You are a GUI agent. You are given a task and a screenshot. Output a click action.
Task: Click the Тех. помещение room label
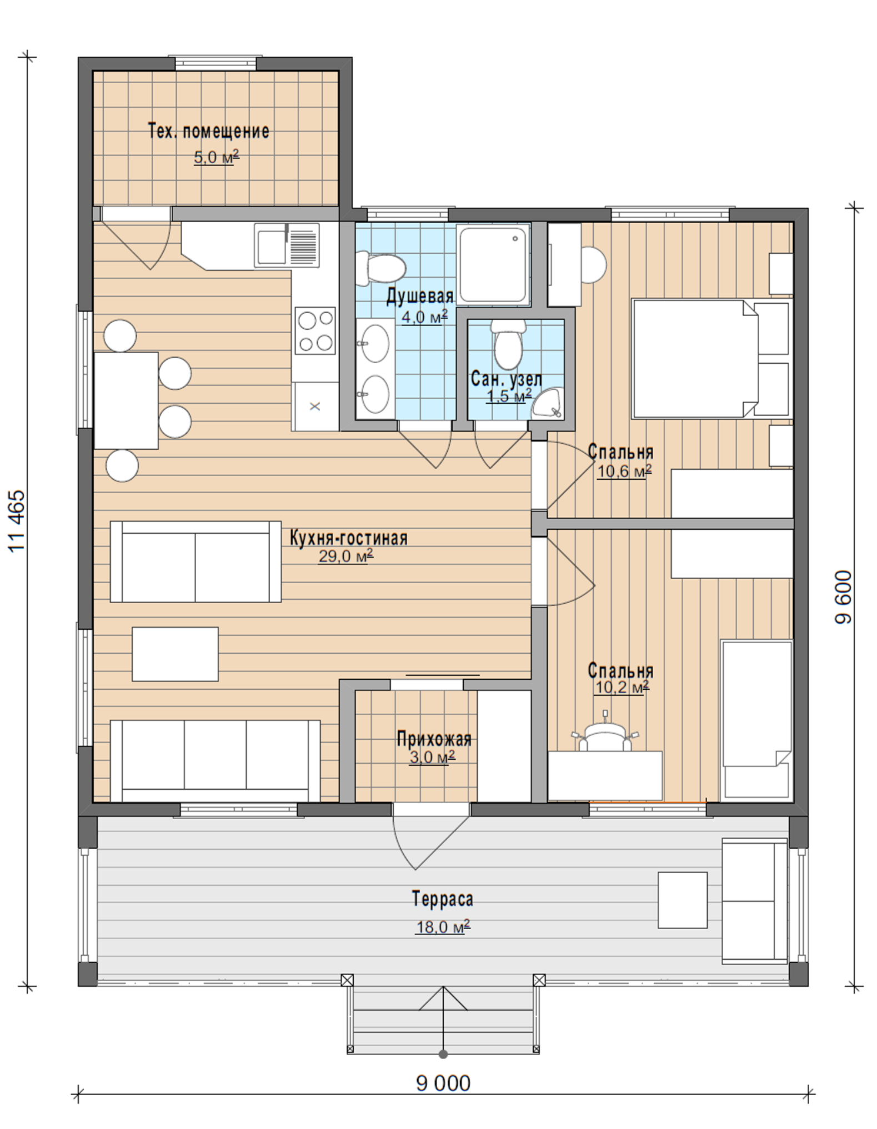[x=209, y=131]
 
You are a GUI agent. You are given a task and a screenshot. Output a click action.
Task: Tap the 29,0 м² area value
[x=345, y=556]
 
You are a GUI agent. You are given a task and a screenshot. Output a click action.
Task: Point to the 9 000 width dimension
[x=443, y=1083]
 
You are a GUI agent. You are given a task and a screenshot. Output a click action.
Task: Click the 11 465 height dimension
[x=17, y=521]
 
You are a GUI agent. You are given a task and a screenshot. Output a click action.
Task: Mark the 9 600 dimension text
[x=843, y=597]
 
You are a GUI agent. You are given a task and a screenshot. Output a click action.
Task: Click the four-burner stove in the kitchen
[x=315, y=330]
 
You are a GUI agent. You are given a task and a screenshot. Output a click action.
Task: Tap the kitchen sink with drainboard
[x=287, y=245]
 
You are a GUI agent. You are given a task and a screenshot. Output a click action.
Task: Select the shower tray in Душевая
[x=493, y=264]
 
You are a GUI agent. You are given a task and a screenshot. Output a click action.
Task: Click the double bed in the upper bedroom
[x=710, y=359]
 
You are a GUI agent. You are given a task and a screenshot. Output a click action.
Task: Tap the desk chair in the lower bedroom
[x=605, y=734]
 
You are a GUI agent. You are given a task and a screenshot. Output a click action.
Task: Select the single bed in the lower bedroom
[x=756, y=720]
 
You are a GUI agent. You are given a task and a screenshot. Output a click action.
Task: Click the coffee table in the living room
[x=175, y=654]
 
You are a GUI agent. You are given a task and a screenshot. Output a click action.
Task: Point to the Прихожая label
[x=434, y=739]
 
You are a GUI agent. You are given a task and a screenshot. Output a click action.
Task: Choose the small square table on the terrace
[x=683, y=900]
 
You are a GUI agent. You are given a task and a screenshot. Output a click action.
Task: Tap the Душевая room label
[x=420, y=296]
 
